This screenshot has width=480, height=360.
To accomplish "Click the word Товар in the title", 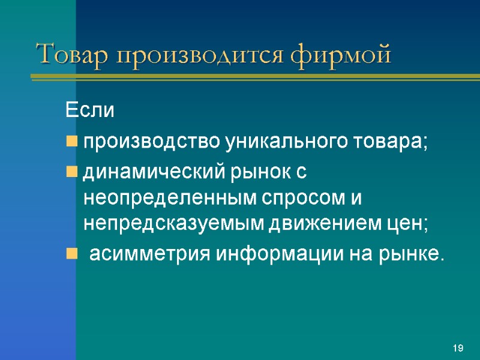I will pyautogui.click(x=73, y=55).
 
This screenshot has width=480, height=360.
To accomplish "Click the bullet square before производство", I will pyautogui.click(x=71, y=143).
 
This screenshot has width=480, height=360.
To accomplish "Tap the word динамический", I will pyautogui.click(x=153, y=173).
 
